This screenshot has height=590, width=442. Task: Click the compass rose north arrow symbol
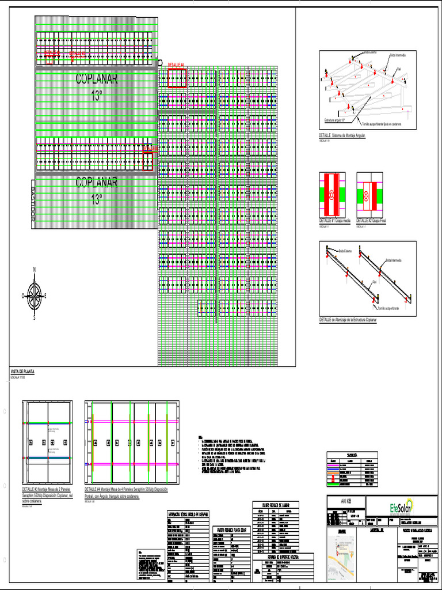click(35, 294)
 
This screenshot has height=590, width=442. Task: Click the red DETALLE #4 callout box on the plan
click(177, 78)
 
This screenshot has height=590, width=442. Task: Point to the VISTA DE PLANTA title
click(22, 372)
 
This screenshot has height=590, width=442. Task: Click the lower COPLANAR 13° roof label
click(97, 190)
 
